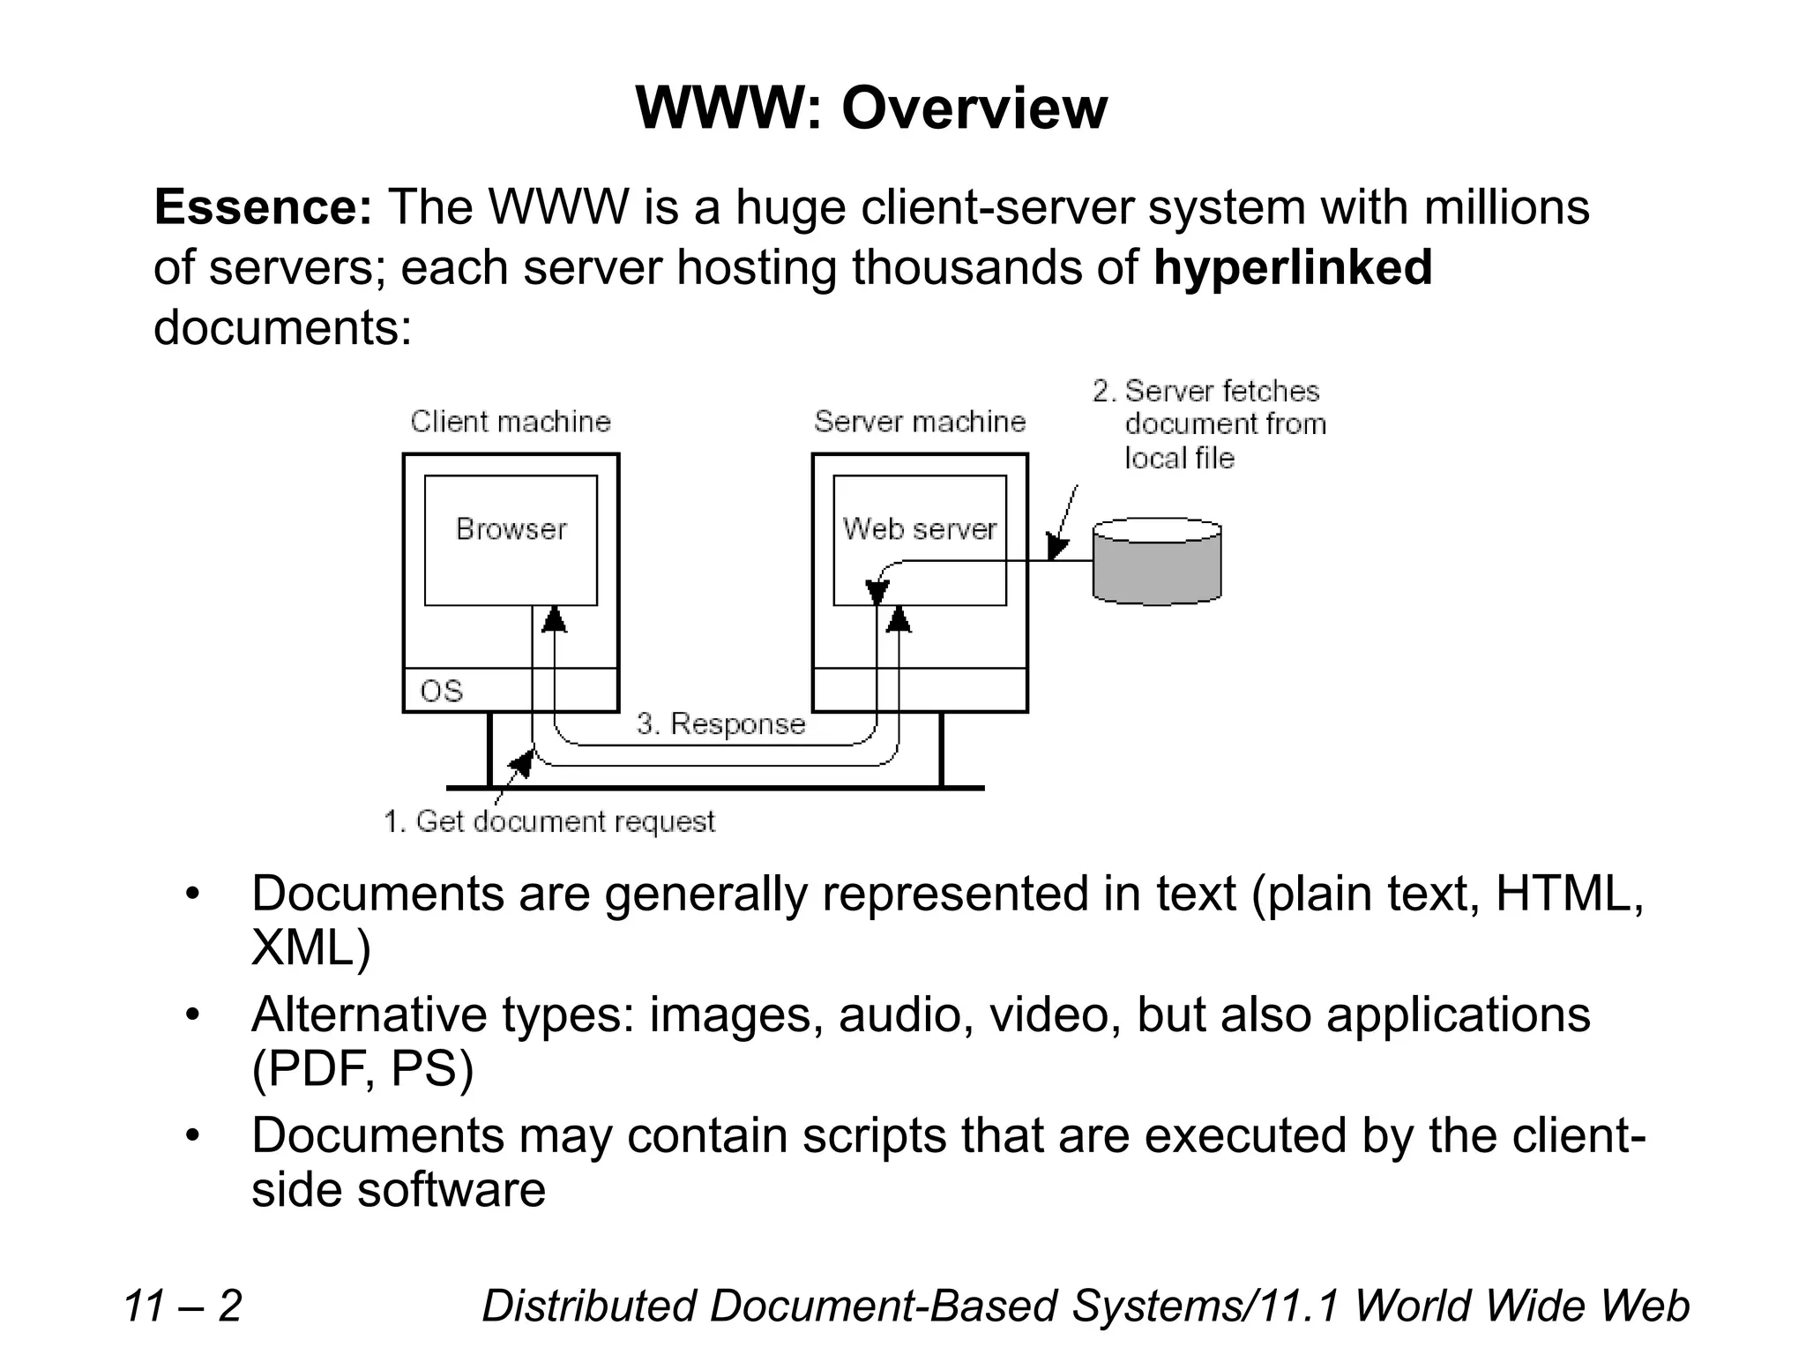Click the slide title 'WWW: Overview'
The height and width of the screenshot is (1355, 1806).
(870, 109)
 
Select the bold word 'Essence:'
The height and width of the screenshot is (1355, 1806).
(263, 208)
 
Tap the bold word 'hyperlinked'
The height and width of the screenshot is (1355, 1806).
(1292, 268)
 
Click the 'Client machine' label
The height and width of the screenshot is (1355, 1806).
(511, 422)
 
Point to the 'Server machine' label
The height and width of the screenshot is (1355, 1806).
(920, 422)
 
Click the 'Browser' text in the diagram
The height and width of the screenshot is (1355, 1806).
(511, 529)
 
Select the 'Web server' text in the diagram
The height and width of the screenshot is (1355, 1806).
(919, 529)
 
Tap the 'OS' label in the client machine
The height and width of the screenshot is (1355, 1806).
(441, 691)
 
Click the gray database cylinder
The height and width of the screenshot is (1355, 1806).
(1157, 562)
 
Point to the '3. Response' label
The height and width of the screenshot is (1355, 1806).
(720, 723)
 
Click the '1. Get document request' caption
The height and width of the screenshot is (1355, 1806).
(549, 821)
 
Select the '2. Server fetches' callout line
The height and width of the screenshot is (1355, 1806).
(1205, 391)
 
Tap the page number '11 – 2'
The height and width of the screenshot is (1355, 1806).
(183, 1306)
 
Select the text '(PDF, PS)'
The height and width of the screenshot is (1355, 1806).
(362, 1069)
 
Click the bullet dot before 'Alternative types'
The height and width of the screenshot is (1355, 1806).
(193, 1015)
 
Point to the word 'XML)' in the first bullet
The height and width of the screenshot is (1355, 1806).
(310, 948)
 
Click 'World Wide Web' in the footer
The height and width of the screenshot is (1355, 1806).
(1522, 1306)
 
